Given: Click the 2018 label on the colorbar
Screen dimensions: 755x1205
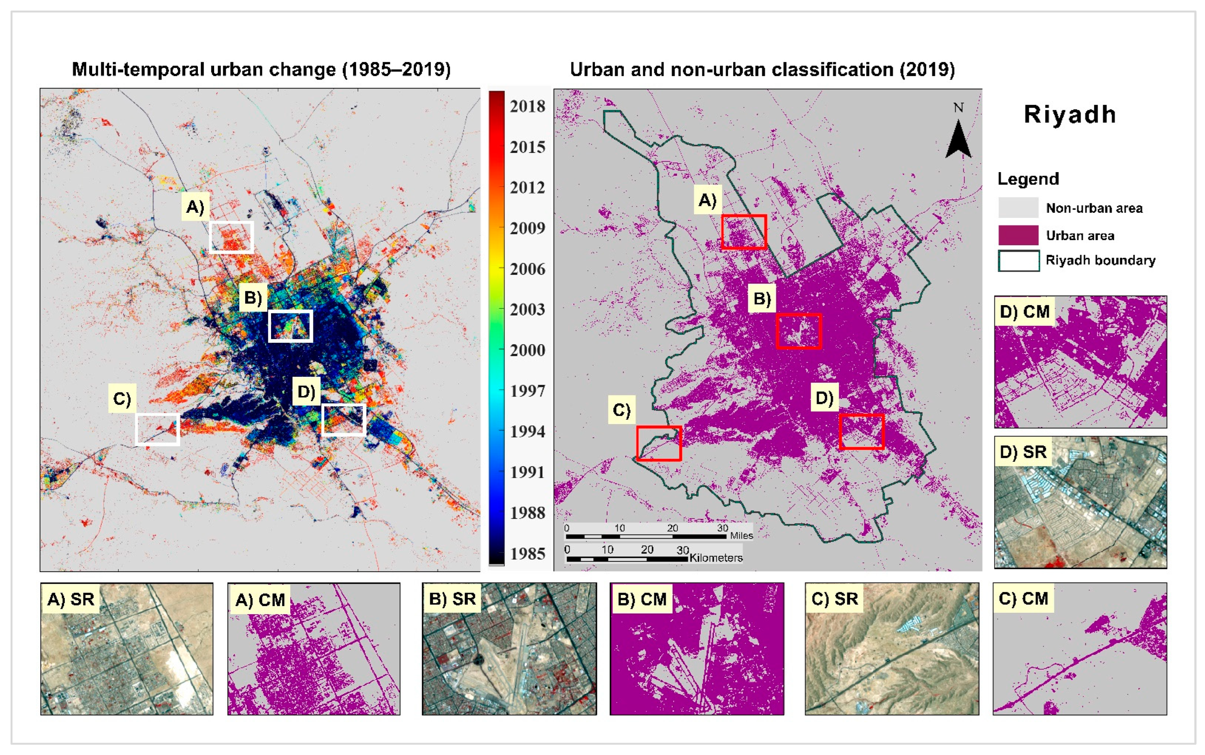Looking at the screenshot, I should (x=527, y=106).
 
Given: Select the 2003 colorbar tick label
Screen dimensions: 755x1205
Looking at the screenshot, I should (x=527, y=310).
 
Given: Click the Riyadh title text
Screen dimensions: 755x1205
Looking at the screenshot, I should (x=1070, y=115).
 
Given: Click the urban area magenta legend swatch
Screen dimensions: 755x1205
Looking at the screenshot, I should (x=1018, y=235).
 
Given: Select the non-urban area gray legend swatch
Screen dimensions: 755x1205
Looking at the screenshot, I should (x=1018, y=208).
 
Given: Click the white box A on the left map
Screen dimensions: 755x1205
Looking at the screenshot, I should (x=231, y=237).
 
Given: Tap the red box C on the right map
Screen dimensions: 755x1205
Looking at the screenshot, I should (x=659, y=443).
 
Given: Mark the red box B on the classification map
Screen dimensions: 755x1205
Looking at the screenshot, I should (x=798, y=331).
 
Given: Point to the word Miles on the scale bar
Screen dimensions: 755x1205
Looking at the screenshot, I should (x=741, y=536).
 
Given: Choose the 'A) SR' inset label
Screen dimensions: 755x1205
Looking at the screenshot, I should (x=70, y=599).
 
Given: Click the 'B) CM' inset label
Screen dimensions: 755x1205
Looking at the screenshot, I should (x=642, y=599).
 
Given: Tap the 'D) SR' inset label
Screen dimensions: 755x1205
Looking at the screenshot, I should (x=1023, y=452).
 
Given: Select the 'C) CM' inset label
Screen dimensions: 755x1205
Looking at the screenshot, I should (x=1023, y=598).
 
